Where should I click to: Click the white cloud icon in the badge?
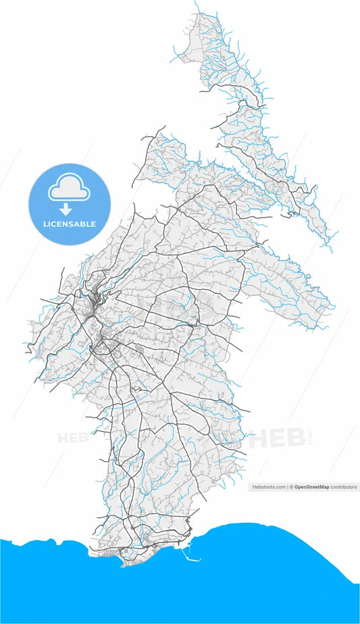[x=68, y=189]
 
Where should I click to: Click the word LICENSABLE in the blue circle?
[x=69, y=224]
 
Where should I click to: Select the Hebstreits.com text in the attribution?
[x=269, y=486]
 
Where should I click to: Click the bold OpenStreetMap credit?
[x=317, y=486]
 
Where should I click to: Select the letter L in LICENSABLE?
[x=45, y=224]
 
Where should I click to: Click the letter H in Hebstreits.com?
[x=253, y=486]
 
